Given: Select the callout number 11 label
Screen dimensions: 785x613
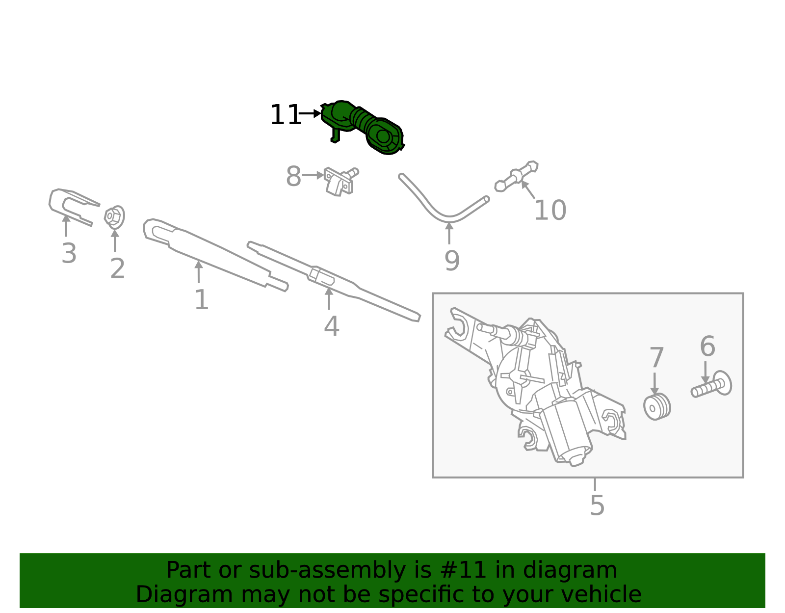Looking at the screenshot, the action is pyautogui.click(x=286, y=115).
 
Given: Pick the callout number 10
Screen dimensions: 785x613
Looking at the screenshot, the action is pyautogui.click(x=550, y=210).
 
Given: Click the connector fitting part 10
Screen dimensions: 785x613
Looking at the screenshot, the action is pyautogui.click(x=517, y=176).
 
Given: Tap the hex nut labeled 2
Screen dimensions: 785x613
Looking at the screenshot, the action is pyautogui.click(x=114, y=217).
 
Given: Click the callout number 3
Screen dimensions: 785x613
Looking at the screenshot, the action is pyautogui.click(x=69, y=253).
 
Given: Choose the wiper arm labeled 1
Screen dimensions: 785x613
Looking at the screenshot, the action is pyautogui.click(x=216, y=254).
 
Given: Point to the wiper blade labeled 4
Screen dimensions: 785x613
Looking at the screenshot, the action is pyautogui.click(x=334, y=281).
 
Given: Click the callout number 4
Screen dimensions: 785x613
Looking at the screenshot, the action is pyautogui.click(x=331, y=326).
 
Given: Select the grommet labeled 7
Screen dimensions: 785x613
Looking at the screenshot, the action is pyautogui.click(x=657, y=406).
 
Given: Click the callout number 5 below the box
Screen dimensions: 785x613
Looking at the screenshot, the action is pyautogui.click(x=597, y=506).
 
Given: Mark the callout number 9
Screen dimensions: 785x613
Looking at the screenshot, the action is pyautogui.click(x=452, y=261).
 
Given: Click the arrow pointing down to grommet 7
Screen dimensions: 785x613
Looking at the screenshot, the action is pyautogui.click(x=654, y=383).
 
